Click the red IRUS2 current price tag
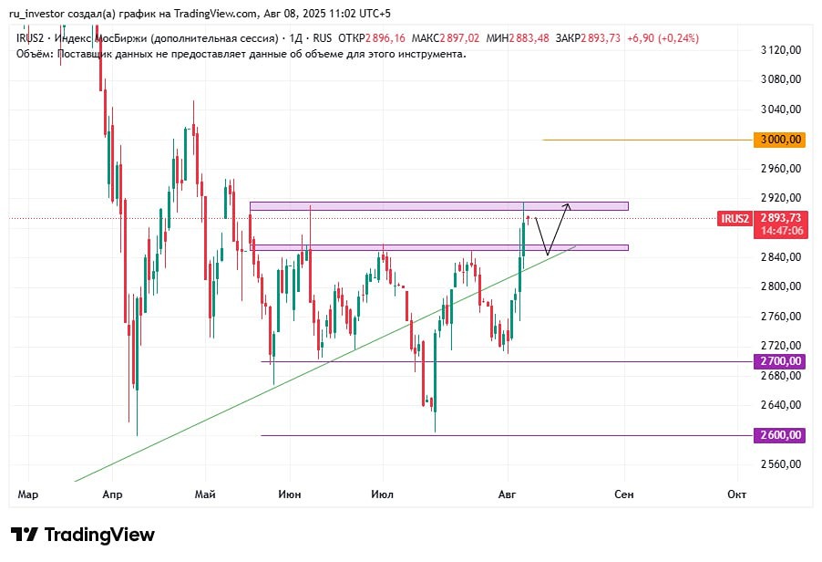735,218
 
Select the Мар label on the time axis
28,494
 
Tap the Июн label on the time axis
291,494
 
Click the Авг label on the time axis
507,494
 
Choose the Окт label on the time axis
737,494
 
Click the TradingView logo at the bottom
83,535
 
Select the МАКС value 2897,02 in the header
459,38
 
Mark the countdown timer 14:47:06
783,232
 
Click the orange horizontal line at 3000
638,140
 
